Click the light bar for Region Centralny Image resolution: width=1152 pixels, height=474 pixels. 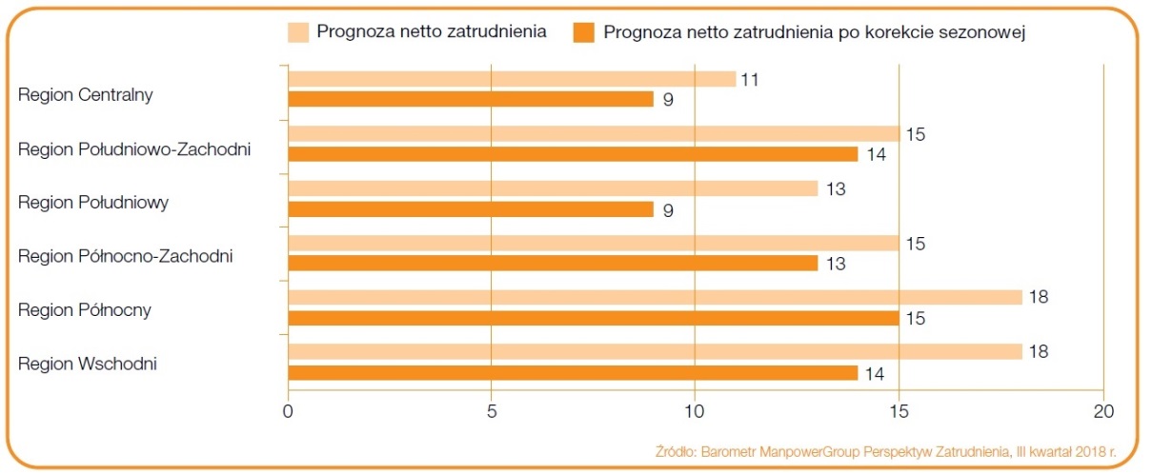tap(512, 79)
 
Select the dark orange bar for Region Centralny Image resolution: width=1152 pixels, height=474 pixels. tap(471, 99)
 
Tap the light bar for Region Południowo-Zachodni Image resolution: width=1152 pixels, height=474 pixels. tap(594, 133)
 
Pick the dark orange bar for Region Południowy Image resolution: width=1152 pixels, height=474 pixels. tap(471, 208)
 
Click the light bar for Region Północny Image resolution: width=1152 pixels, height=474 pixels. tap(655, 298)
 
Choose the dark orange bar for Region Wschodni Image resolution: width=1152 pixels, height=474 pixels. tap(573, 373)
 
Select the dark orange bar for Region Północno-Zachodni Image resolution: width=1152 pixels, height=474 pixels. tap(553, 263)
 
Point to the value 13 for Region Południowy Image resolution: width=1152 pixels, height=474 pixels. tap(832, 189)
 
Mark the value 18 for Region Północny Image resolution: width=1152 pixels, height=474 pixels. tap(1036, 298)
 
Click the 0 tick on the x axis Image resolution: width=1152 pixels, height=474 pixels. tap(288, 412)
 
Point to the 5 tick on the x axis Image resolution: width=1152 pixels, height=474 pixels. tap(491, 412)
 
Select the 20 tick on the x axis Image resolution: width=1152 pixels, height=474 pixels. tap(1102, 412)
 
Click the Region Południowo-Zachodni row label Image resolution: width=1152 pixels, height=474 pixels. tap(134, 148)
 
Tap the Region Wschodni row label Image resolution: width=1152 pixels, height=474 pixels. tap(88, 363)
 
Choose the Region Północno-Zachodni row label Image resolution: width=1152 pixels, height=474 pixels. tap(126, 255)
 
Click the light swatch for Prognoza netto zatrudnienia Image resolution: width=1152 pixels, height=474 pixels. tap(298, 32)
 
